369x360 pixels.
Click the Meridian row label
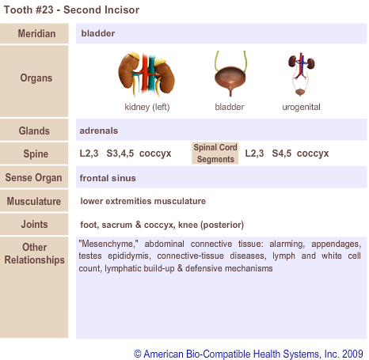[x=36, y=34]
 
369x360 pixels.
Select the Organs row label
[x=36, y=78]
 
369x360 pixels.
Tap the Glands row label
[x=34, y=131]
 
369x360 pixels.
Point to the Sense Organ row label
[x=33, y=178]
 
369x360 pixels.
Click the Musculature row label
[x=34, y=201]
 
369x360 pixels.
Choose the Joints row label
[x=34, y=224]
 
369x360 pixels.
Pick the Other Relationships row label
[x=34, y=253]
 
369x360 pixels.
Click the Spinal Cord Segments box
[x=215, y=153]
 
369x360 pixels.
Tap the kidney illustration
[x=146, y=74]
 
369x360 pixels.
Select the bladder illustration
[x=230, y=74]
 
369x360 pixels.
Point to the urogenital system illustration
[x=301, y=74]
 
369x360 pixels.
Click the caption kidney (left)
[x=147, y=107]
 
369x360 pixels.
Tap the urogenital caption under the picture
[x=301, y=108]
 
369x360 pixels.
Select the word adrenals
[x=99, y=131]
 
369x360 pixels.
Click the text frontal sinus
[x=108, y=178]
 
